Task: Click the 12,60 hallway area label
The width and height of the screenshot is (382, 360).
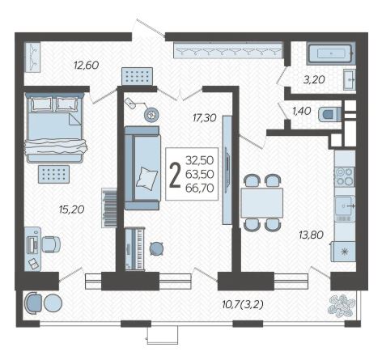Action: [87, 66]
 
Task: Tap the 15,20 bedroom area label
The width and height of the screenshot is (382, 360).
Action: [72, 210]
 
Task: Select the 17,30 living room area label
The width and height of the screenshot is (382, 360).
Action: [205, 117]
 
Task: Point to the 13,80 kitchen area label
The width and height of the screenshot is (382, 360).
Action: [311, 235]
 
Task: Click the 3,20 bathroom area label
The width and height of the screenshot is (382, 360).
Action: [314, 80]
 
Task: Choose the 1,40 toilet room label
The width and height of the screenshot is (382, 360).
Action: [302, 111]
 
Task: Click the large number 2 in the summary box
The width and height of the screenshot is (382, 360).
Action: [175, 175]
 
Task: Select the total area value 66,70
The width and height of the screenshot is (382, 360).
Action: [200, 188]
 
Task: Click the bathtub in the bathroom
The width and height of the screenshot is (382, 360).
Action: [331, 53]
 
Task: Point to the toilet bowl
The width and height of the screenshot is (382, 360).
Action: [329, 115]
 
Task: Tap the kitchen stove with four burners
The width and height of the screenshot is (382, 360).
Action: [345, 176]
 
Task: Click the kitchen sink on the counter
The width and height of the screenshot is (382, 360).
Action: [345, 206]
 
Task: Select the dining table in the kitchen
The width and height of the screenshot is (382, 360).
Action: [261, 203]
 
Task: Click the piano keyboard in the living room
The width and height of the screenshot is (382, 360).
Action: [134, 248]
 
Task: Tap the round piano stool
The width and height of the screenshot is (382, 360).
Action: [156, 248]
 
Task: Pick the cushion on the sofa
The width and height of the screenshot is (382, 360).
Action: [146, 179]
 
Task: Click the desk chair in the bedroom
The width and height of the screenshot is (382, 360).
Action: [51, 244]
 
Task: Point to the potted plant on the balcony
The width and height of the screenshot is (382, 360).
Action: [341, 305]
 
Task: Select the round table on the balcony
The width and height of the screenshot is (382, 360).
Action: [53, 303]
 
